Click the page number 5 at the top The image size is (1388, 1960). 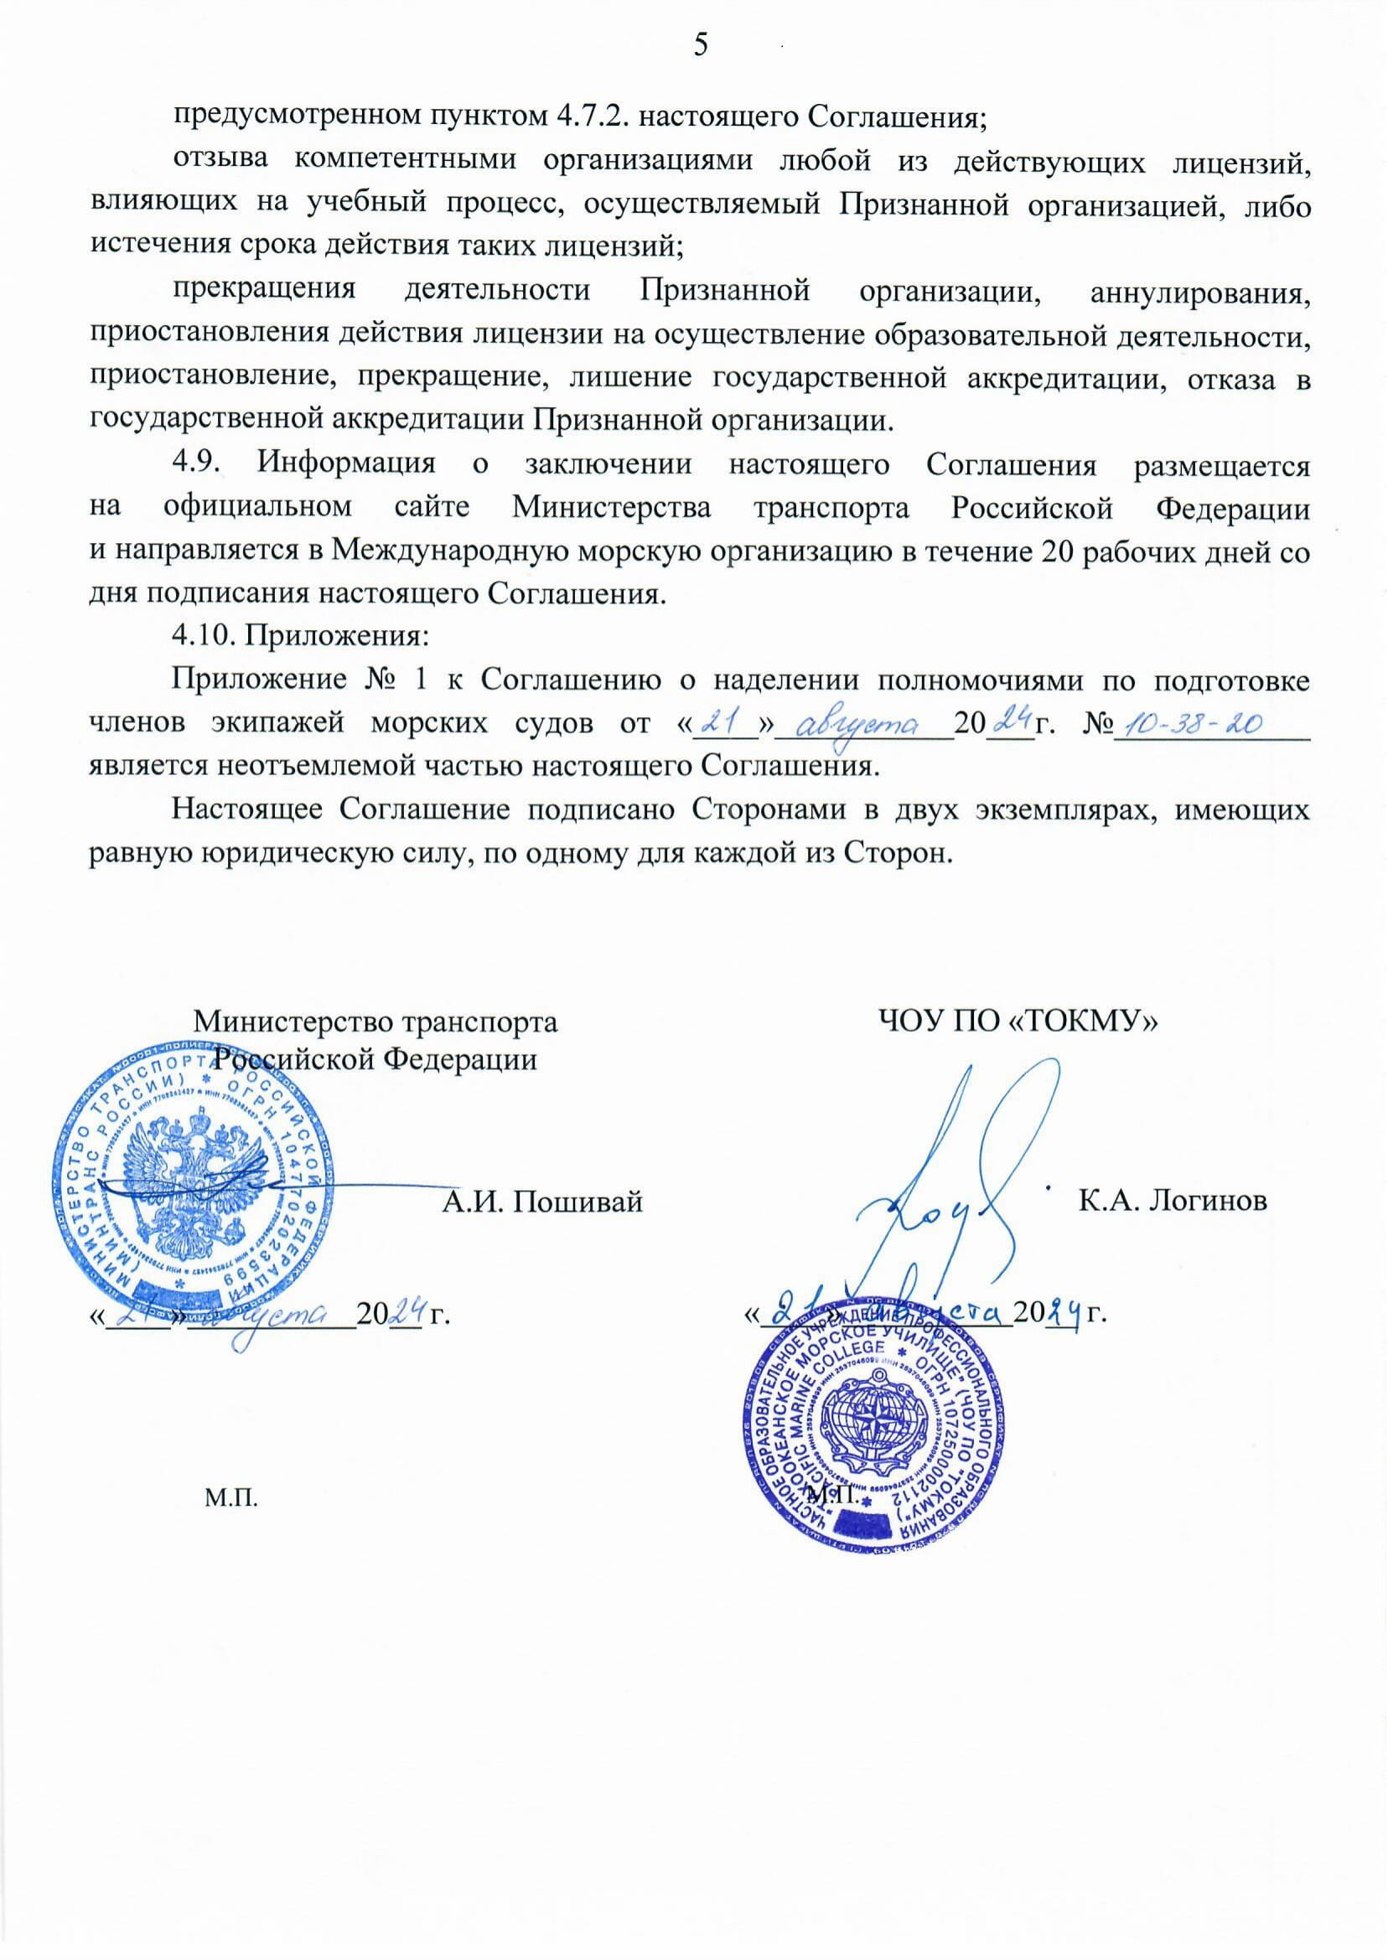point(700,46)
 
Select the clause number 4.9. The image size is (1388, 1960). point(199,465)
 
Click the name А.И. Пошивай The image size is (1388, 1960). point(541,1202)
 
